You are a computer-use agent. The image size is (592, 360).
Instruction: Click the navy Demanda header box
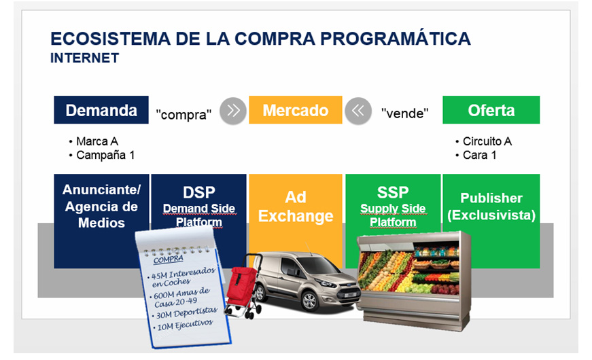101,110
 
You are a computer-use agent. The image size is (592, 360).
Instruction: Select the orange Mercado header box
296,110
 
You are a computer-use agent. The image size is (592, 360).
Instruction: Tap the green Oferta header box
491,110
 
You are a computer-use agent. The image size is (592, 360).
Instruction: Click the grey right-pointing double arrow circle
233,111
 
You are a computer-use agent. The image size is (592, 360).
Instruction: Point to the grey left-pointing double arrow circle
358,111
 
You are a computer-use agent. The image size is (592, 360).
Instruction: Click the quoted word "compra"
184,114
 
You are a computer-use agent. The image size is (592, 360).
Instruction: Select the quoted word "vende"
404,113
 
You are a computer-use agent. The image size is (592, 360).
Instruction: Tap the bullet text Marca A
97,141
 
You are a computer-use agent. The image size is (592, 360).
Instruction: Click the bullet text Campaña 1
105,155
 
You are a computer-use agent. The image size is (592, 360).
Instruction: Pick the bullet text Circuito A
487,141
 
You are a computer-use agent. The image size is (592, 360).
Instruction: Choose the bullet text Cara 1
479,155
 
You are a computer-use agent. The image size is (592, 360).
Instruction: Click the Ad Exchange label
296,206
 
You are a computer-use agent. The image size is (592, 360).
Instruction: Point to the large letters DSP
199,192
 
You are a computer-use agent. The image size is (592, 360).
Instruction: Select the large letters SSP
393,192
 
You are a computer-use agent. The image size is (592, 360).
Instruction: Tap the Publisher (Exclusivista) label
491,206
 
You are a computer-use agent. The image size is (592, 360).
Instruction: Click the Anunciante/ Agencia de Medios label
101,206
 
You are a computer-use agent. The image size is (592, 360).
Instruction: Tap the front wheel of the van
309,301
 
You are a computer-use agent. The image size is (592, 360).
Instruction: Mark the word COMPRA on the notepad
169,259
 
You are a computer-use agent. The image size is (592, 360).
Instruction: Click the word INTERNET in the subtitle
84,58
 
